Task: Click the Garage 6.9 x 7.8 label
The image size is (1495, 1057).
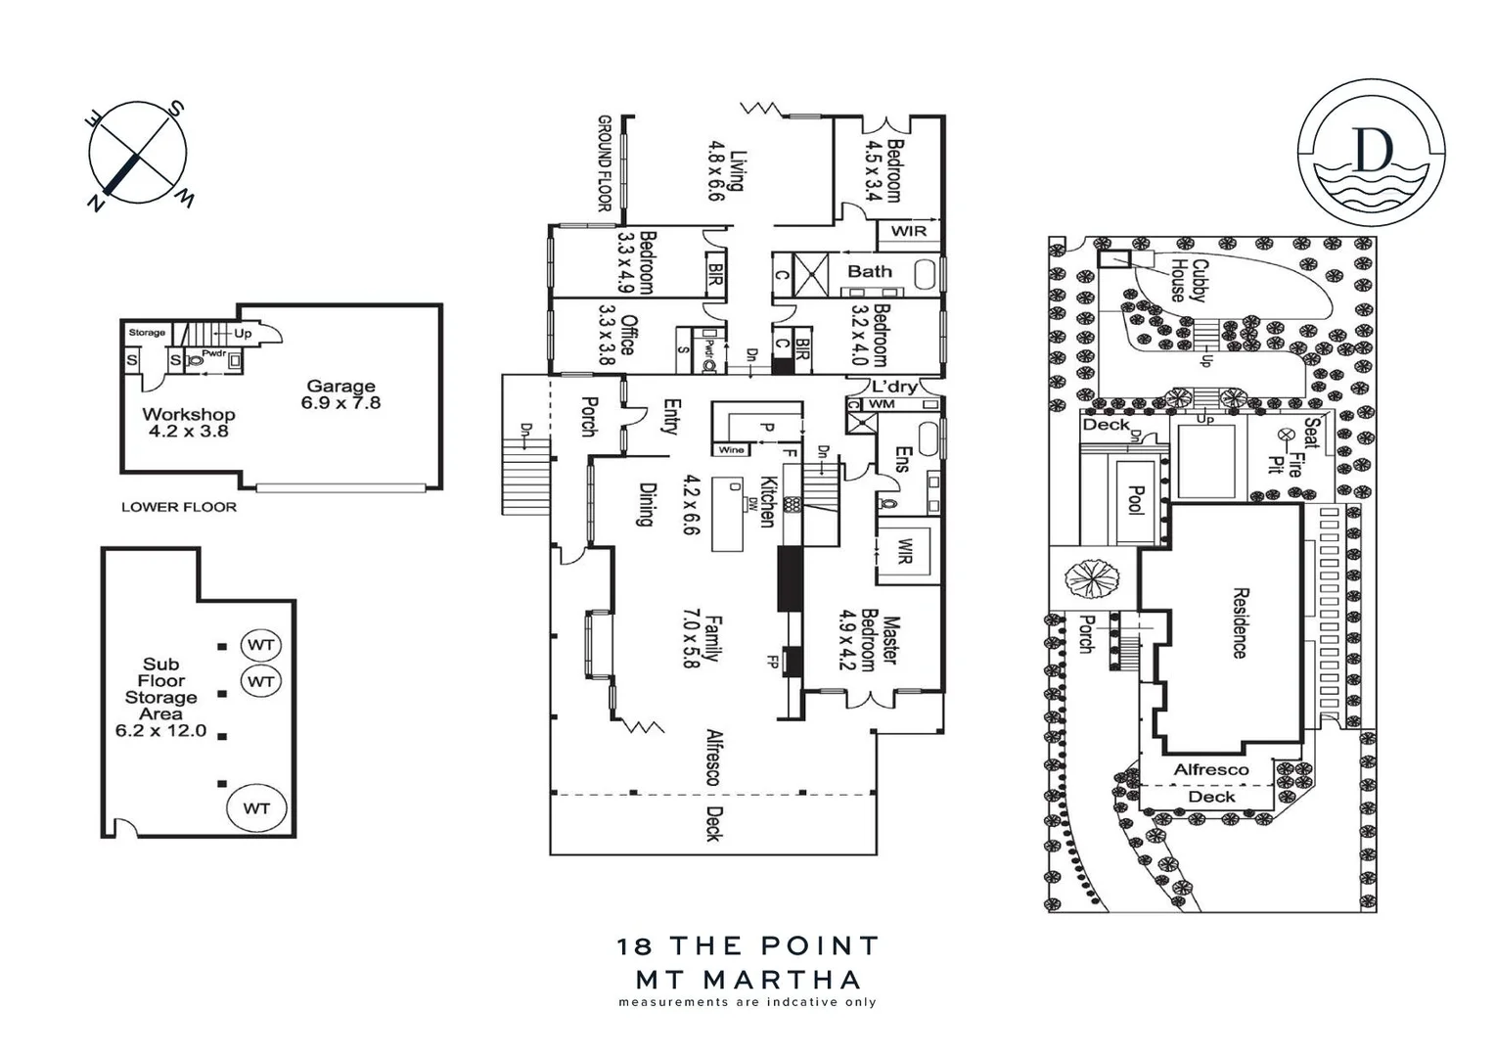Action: click(340, 394)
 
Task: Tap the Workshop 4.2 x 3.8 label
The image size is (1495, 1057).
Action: click(188, 423)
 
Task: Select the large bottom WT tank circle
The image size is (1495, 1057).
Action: click(256, 808)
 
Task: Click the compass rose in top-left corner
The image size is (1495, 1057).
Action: click(138, 154)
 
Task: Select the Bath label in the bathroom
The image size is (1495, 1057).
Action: click(869, 271)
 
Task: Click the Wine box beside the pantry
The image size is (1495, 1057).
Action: click(731, 450)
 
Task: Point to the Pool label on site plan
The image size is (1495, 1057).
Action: click(1136, 500)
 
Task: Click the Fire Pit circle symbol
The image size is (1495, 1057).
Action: click(1286, 434)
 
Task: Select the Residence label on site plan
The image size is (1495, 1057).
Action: click(1240, 622)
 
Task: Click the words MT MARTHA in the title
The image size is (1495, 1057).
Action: click(748, 979)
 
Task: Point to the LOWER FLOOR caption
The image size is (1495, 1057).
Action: click(179, 507)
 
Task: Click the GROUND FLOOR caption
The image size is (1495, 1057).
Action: click(604, 163)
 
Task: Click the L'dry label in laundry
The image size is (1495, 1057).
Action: click(894, 387)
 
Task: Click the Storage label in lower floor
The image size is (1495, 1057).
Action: click(147, 333)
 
